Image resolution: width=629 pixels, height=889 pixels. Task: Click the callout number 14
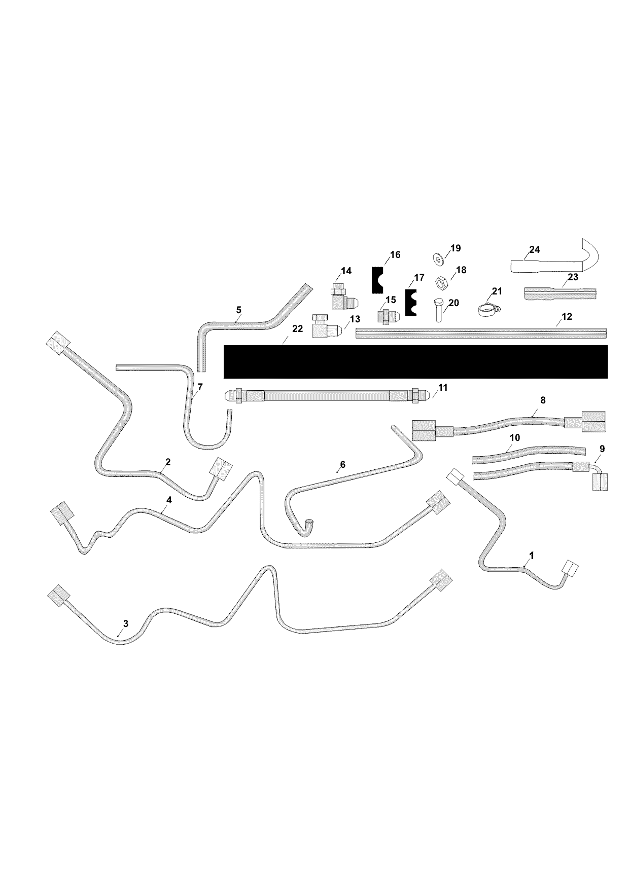[x=346, y=271]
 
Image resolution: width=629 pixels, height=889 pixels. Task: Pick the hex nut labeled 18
[x=441, y=281]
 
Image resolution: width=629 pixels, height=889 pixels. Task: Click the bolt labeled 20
[x=438, y=310]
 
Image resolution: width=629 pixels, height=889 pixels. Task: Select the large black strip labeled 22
[x=415, y=362]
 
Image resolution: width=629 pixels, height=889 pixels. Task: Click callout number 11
[x=443, y=388]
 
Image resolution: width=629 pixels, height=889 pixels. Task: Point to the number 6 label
[x=342, y=464]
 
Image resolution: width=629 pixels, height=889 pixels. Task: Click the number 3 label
[x=126, y=623]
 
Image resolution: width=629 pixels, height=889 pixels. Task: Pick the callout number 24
[x=534, y=249]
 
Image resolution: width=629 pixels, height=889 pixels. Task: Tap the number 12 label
[x=567, y=317]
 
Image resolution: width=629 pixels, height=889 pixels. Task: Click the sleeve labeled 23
[x=561, y=294]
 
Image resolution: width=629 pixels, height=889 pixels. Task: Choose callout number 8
[x=543, y=400]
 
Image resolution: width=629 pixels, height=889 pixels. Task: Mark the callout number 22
[x=298, y=328]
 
